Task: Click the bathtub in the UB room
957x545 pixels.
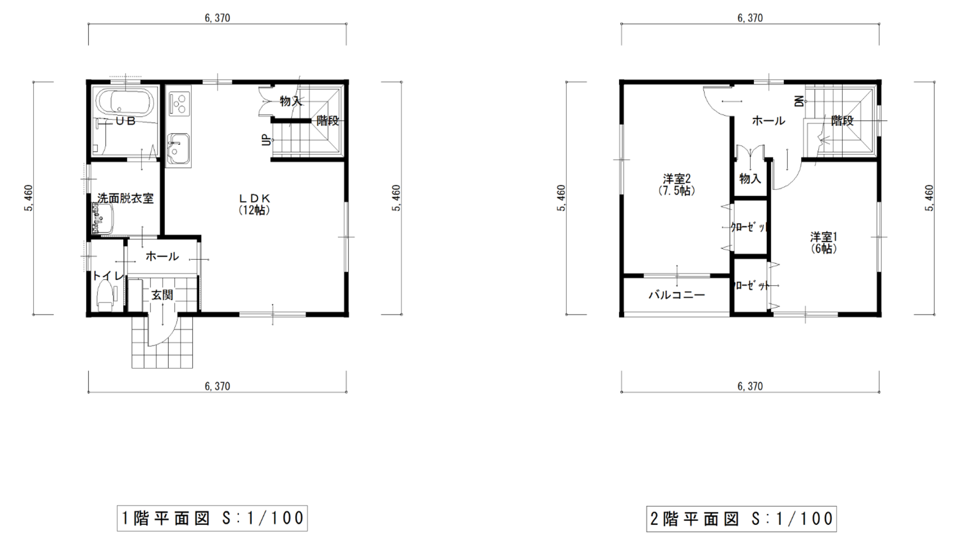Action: click(x=125, y=102)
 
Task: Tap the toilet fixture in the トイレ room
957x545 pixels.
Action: click(x=105, y=295)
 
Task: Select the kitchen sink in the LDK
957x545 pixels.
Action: click(x=178, y=149)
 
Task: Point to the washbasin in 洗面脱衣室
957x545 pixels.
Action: click(x=102, y=219)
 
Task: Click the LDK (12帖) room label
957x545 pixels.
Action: click(x=255, y=204)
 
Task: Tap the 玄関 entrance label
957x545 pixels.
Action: click(x=162, y=295)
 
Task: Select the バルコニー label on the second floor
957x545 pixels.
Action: click(x=677, y=295)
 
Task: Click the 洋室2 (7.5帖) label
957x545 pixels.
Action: click(x=677, y=184)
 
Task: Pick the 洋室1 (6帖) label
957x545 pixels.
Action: click(x=824, y=243)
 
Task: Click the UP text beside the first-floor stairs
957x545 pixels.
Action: click(x=267, y=141)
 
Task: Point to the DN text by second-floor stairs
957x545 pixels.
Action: click(x=799, y=101)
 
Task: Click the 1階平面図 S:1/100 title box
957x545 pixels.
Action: click(x=212, y=518)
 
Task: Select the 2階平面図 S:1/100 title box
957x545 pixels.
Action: click(x=741, y=519)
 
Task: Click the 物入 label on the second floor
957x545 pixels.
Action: click(x=750, y=179)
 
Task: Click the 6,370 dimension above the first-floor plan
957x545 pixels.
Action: click(x=217, y=18)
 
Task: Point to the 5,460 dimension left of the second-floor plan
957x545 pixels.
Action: click(x=561, y=198)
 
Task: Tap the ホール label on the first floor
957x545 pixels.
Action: click(x=162, y=256)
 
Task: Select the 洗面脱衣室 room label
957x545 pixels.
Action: click(x=125, y=198)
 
